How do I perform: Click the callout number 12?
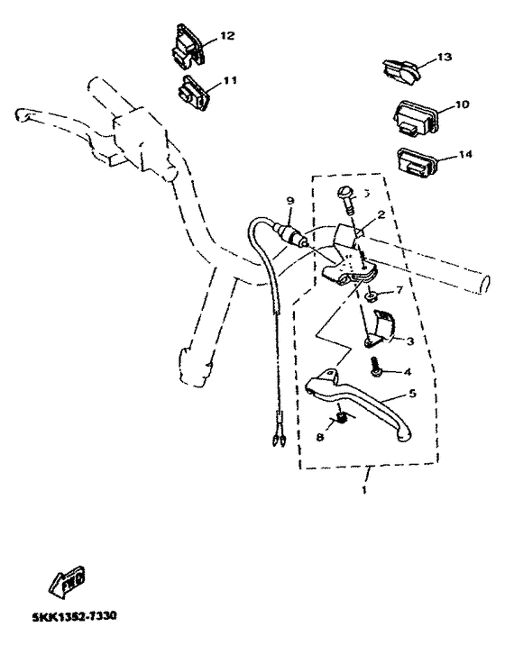point(227,36)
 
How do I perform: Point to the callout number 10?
point(462,104)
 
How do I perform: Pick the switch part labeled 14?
point(417,163)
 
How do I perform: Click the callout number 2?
point(381,215)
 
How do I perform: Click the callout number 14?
point(464,154)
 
